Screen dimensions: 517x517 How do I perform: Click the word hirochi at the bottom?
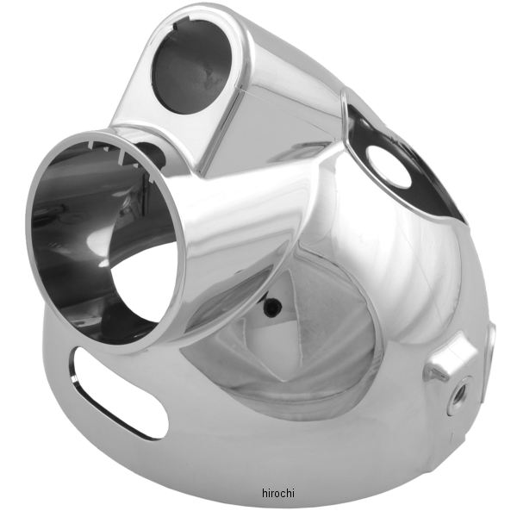click(x=278, y=493)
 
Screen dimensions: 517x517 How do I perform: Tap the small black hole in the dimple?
click(x=272, y=307)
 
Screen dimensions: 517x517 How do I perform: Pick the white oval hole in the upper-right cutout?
click(x=389, y=166)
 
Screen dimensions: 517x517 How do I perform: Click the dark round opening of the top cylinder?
click(x=191, y=66)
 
